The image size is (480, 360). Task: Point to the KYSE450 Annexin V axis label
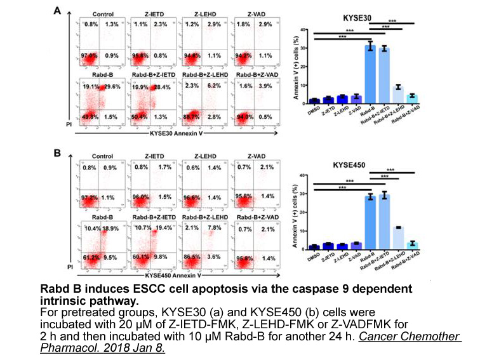[176, 276]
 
